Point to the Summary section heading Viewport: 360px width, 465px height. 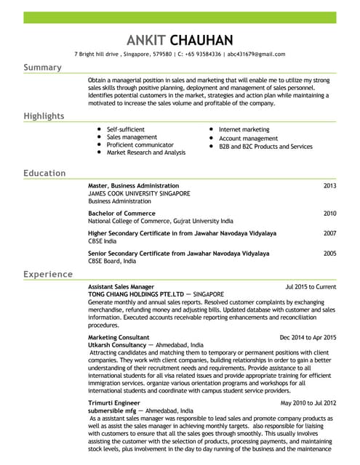42,68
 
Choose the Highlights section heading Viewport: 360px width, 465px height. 44,116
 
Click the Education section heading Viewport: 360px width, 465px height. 44,174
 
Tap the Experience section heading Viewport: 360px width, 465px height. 47,275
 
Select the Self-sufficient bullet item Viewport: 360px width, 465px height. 127,129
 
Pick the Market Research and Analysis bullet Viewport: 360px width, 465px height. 145,153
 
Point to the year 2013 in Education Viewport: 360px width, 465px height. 329,186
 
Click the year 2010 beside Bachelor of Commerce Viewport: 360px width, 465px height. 329,214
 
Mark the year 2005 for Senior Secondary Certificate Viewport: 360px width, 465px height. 329,254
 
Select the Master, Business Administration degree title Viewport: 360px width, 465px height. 133,186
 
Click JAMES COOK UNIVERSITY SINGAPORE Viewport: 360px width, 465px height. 139,194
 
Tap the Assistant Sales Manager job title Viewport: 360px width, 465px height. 121,287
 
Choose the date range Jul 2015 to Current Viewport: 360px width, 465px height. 311,287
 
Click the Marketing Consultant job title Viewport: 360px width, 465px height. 119,338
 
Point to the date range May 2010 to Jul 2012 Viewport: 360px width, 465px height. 308,403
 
